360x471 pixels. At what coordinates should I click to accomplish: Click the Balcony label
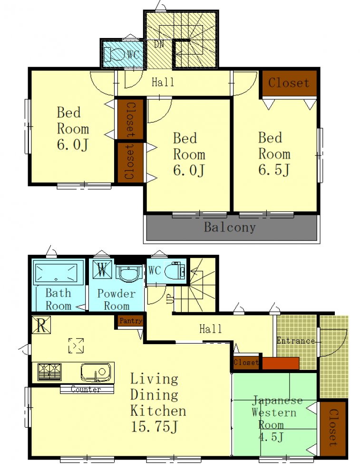(230, 227)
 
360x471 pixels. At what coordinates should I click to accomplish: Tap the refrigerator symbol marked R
(41, 325)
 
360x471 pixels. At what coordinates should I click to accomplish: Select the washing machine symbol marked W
(102, 269)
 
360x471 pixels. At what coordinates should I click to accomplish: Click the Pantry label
(130, 320)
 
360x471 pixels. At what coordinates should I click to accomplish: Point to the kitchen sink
(96, 373)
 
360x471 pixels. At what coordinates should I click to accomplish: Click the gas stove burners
(49, 372)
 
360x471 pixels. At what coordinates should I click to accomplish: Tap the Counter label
(86, 389)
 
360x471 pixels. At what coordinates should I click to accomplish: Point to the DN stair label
(159, 44)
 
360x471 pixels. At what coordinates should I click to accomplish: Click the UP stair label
(170, 298)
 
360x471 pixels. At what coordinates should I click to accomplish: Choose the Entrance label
(296, 341)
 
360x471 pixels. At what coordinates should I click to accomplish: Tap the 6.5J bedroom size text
(274, 170)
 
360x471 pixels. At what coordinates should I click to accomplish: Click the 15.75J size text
(154, 426)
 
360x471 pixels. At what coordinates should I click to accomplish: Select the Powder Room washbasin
(129, 273)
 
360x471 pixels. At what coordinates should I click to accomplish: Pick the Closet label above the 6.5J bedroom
(289, 83)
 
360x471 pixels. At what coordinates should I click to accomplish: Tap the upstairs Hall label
(163, 82)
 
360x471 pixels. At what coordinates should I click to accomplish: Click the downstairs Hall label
(211, 329)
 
